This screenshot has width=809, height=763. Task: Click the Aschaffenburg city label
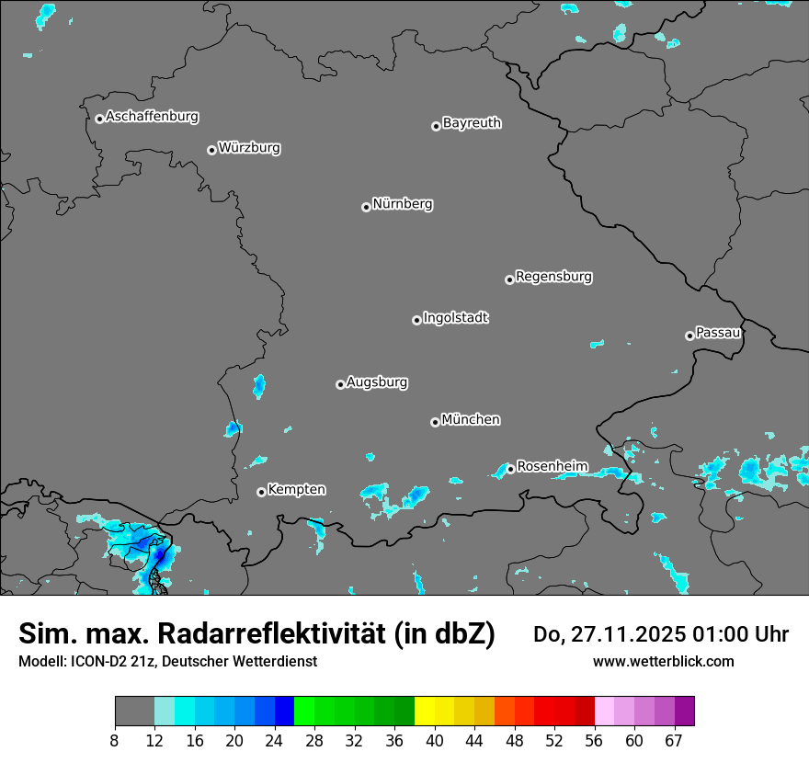coord(152,117)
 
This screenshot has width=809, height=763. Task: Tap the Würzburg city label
coord(249,148)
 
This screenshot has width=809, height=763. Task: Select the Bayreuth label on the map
coord(472,123)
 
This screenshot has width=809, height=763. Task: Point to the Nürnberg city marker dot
coord(366,207)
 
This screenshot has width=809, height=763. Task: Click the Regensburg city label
coord(553,277)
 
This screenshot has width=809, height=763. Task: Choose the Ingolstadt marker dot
coord(416,320)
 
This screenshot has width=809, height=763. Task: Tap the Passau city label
coord(718,333)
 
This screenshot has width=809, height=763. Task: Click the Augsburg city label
coord(377,382)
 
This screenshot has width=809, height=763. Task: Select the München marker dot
coord(435,422)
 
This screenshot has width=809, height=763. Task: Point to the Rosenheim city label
coord(552,467)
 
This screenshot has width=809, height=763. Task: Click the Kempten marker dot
coord(261,492)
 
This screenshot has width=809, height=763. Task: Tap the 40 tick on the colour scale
coord(434,741)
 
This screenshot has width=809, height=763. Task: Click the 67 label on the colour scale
coord(674,741)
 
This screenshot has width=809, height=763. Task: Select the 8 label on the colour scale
coord(115,741)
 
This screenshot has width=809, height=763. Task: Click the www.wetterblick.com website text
coord(663,661)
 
